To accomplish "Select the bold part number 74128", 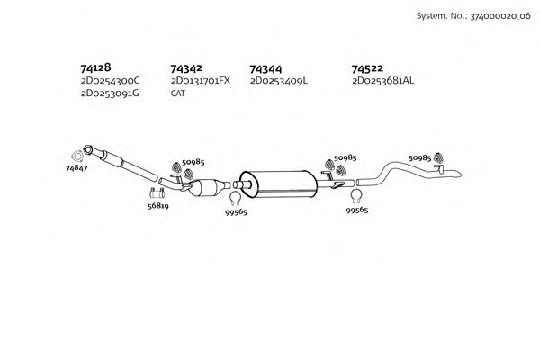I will pos(96,67).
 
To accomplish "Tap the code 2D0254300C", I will pos(110,80).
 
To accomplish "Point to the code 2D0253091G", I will pos(110,93).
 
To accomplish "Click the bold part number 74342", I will pos(186,67).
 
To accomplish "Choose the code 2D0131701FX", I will pos(200,80).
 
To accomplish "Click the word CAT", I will pos(177,93).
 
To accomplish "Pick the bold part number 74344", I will pos(265,67).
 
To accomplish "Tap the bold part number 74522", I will pos(368,67).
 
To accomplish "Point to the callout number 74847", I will pos(76,167).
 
